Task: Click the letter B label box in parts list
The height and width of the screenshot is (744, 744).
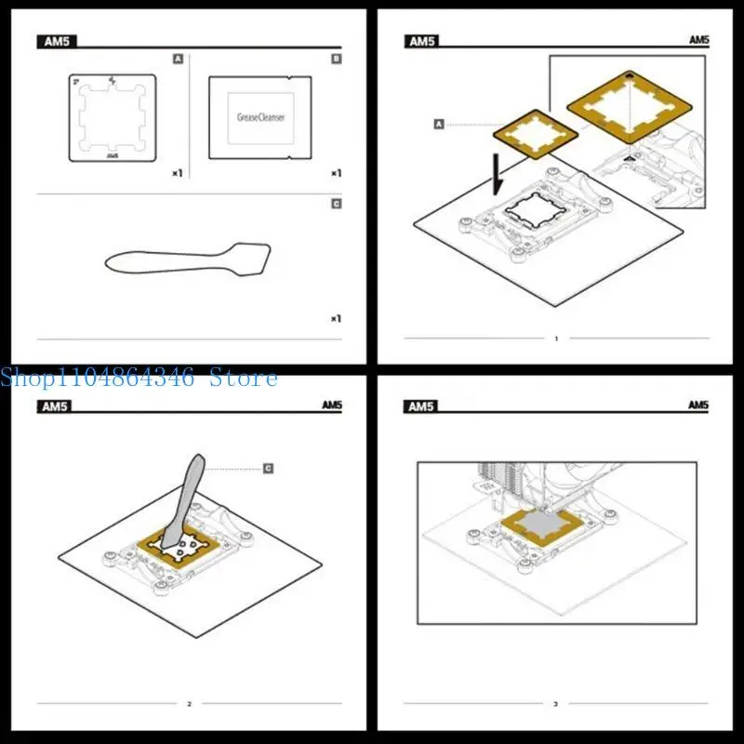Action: click(x=337, y=59)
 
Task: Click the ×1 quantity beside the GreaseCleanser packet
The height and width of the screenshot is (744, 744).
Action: click(x=336, y=173)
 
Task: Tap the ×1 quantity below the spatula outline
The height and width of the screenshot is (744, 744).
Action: click(x=336, y=318)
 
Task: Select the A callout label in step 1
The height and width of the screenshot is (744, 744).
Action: click(x=439, y=123)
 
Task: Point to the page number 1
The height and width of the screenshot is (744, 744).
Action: click(x=556, y=339)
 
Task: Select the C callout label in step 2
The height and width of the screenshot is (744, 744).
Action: click(x=268, y=468)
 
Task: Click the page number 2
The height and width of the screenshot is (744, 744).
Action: click(x=189, y=704)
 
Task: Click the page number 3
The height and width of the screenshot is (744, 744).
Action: click(x=556, y=704)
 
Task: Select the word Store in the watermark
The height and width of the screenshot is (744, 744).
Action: click(x=244, y=378)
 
